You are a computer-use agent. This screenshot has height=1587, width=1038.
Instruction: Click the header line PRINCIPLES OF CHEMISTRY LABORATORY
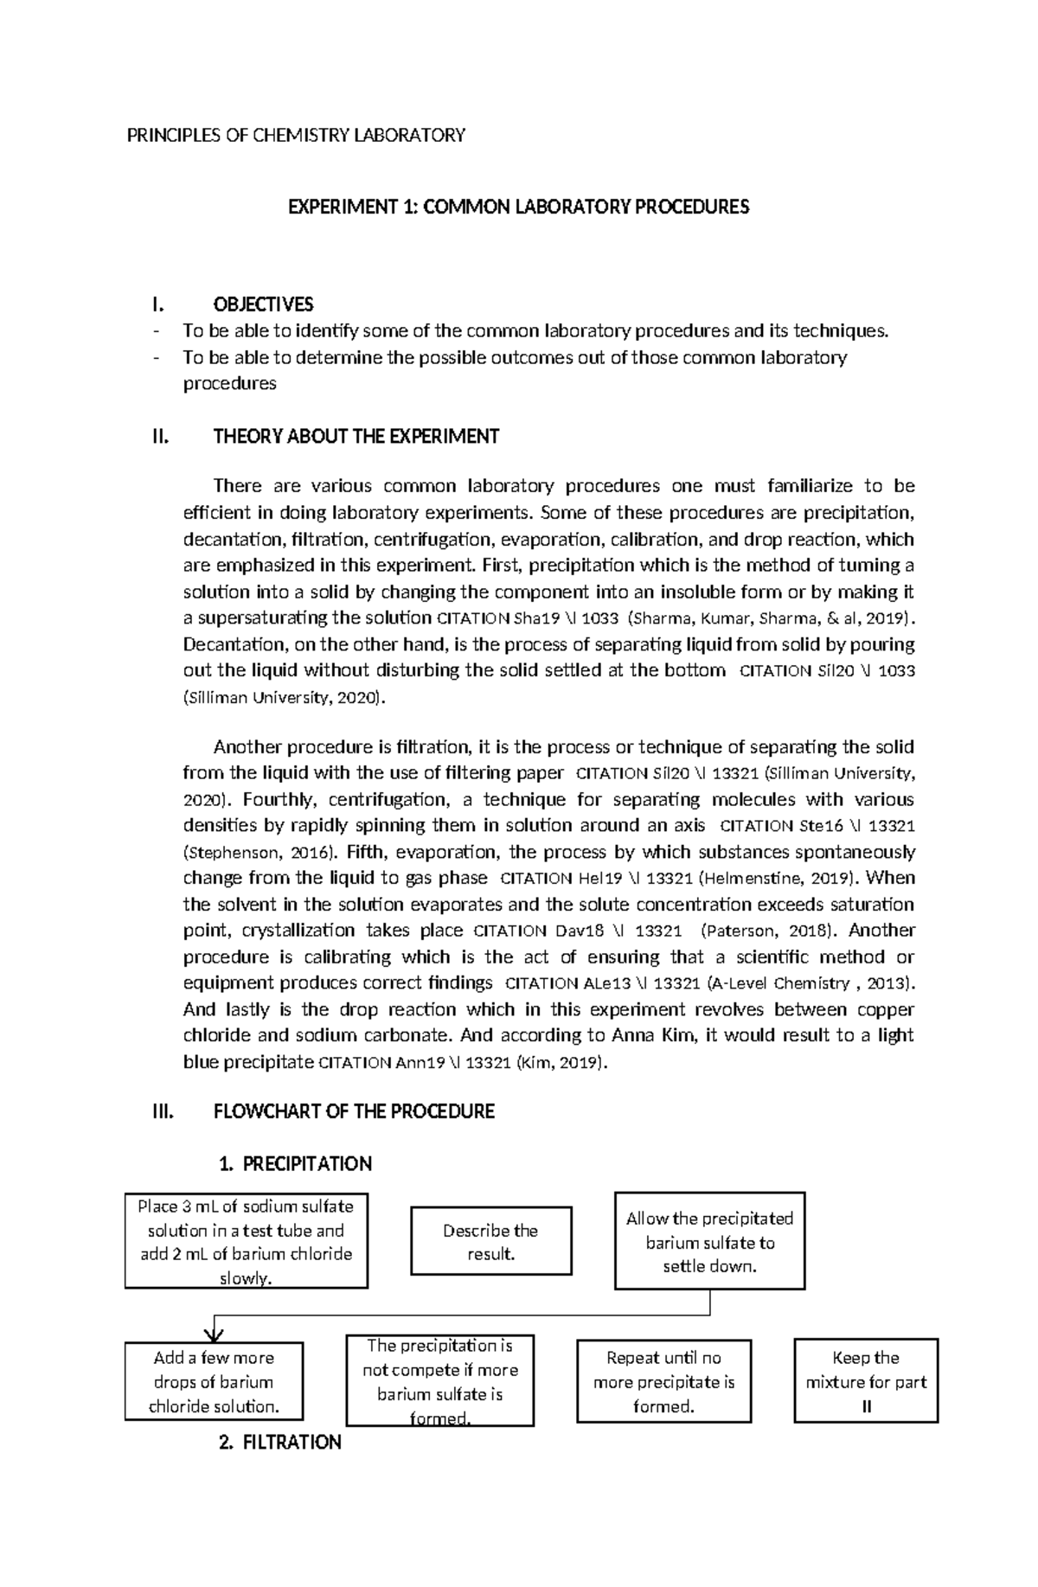pyautogui.click(x=296, y=135)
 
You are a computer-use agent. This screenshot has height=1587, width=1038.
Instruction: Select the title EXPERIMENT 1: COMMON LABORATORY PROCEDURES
pyautogui.click(x=518, y=208)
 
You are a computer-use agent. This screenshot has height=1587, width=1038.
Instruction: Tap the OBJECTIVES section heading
pyautogui.click(x=263, y=304)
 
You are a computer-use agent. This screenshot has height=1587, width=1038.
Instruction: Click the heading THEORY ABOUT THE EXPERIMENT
pyautogui.click(x=356, y=437)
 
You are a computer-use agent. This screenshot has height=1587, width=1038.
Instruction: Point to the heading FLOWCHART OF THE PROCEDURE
pyautogui.click(x=354, y=1112)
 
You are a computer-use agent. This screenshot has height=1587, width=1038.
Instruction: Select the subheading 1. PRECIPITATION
pyautogui.click(x=296, y=1164)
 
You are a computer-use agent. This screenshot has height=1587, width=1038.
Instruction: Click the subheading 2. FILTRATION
pyautogui.click(x=280, y=1443)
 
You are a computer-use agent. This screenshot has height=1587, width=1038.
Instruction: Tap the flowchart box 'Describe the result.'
pyautogui.click(x=490, y=1242)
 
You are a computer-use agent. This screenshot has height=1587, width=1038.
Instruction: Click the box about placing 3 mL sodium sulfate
pyautogui.click(x=246, y=1242)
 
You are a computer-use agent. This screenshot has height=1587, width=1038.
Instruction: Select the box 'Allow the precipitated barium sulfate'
pyautogui.click(x=709, y=1242)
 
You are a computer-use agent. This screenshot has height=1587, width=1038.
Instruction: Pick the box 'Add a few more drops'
pyautogui.click(x=214, y=1382)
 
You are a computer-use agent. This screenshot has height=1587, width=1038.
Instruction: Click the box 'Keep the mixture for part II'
pyautogui.click(x=866, y=1382)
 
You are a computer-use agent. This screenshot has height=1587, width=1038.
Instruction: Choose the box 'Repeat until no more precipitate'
pyautogui.click(x=663, y=1382)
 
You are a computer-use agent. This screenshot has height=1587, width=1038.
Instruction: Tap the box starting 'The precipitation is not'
pyautogui.click(x=439, y=1382)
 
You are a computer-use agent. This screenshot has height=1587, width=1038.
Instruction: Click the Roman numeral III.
pyautogui.click(x=163, y=1112)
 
